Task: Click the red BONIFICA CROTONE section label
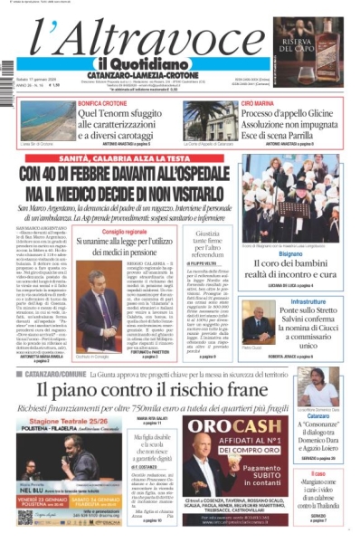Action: (x=102, y=105)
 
